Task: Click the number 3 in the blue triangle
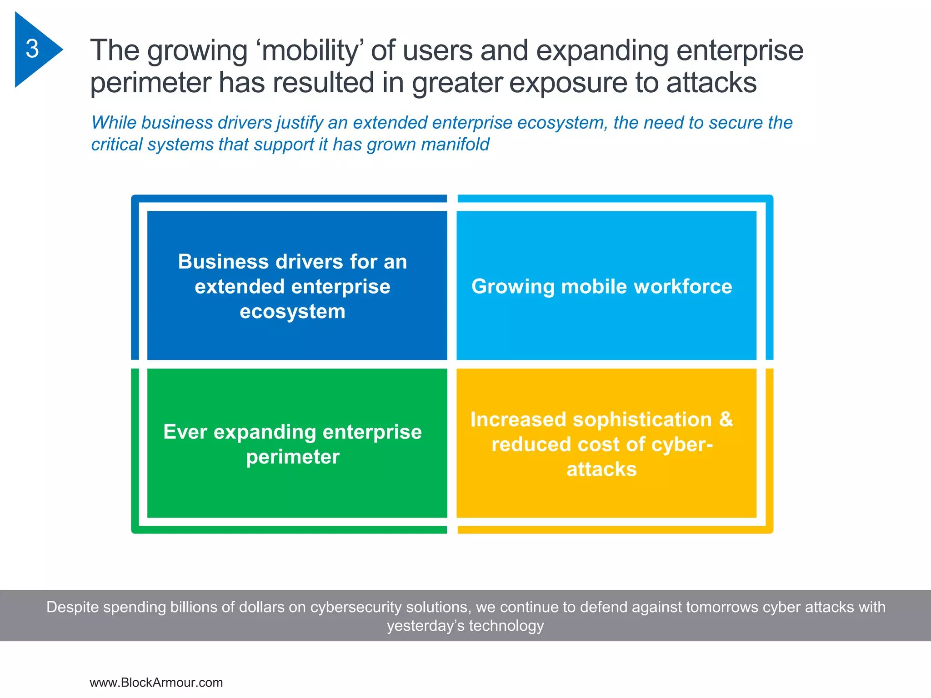tap(32, 49)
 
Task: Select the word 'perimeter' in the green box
tap(293, 457)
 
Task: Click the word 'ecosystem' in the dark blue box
tap(293, 312)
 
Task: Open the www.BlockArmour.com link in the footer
tap(156, 683)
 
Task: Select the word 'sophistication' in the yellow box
tap(642, 419)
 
